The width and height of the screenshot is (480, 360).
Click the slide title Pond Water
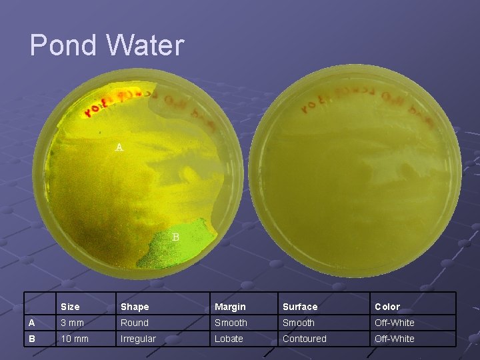107,45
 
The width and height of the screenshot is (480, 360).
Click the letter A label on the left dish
119,147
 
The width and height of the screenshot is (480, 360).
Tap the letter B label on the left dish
176,237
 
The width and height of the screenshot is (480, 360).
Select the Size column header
70,307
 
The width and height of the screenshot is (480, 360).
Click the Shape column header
135,307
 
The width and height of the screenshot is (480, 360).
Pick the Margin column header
230,307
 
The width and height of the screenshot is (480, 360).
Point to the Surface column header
300,307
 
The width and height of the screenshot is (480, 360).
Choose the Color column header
387,307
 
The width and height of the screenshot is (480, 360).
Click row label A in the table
31,323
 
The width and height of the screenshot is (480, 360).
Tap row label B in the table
31,339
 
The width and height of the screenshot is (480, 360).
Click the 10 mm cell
75,339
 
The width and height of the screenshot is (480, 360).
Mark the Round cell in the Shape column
135,323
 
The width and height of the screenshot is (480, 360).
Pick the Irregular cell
138,339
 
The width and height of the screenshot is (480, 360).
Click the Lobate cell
229,339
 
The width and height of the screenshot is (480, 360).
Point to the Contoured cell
305,339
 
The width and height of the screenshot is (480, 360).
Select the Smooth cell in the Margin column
231,323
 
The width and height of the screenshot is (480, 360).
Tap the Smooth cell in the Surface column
299,323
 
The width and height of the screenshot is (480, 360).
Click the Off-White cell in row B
395,339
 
